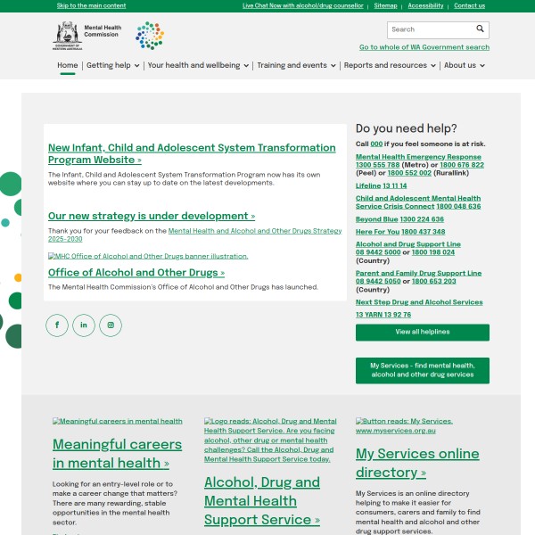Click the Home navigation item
pos(68,65)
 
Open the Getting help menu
pos(112,65)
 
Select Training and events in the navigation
pos(296,65)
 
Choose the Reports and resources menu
pos(390,65)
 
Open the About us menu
pos(465,65)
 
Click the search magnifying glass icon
pos(480,29)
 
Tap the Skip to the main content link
pos(91,5)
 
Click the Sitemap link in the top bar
pos(385,5)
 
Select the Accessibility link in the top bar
pos(425,5)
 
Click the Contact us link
pos(469,5)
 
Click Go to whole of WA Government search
pos(424,47)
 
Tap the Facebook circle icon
pos(57,325)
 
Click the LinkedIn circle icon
pos(84,325)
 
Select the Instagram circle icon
pos(111,325)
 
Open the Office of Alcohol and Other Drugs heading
pos(136,273)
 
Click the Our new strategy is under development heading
pos(151,216)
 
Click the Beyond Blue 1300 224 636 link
pos(399,218)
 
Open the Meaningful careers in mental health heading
pos(117,453)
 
